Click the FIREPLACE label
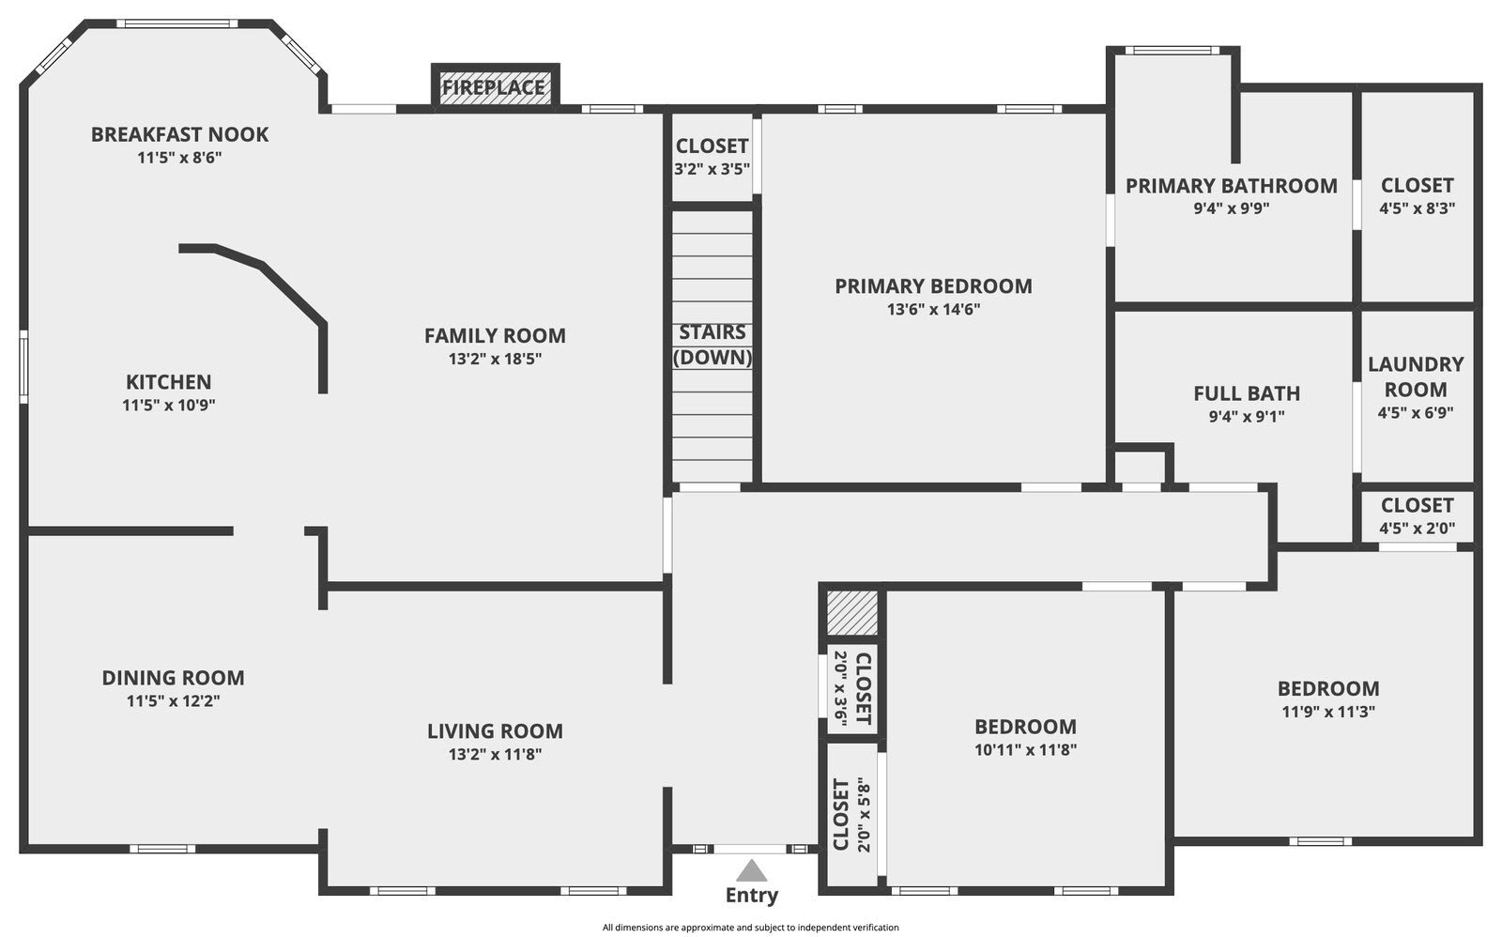[x=494, y=88]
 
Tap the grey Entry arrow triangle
[x=751, y=871]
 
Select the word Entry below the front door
[x=751, y=896]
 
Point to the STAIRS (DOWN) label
[x=713, y=345]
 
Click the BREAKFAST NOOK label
[x=179, y=134]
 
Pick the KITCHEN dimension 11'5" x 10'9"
[x=169, y=406]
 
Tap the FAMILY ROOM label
[x=495, y=335]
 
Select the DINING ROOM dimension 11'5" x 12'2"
[x=173, y=700]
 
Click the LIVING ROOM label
[x=495, y=730]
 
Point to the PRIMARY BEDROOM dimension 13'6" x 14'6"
[x=933, y=309]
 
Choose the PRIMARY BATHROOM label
[x=1231, y=186]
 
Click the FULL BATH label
[x=1247, y=393]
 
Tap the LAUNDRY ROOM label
[x=1416, y=376]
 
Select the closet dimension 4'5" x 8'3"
[x=1417, y=208]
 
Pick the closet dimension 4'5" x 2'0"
[x=1417, y=529]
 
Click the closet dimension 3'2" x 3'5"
[x=712, y=170]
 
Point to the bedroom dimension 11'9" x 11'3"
[x=1328, y=712]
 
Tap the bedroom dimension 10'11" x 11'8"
[x=1025, y=750]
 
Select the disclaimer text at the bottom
[x=750, y=928]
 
